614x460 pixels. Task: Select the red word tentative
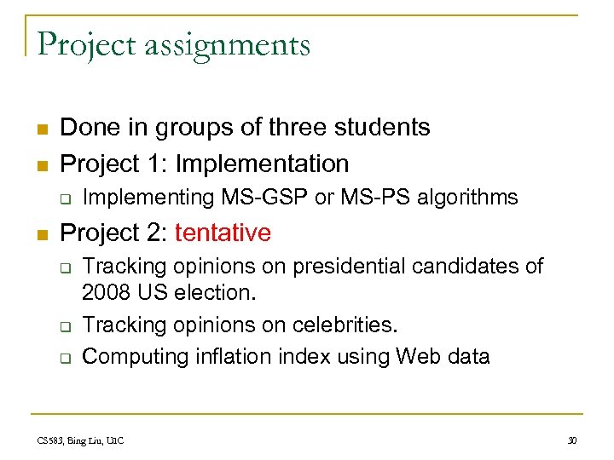tap(223, 233)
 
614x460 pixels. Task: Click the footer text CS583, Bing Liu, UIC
tap(81, 440)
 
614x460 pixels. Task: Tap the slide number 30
tap(571, 440)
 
